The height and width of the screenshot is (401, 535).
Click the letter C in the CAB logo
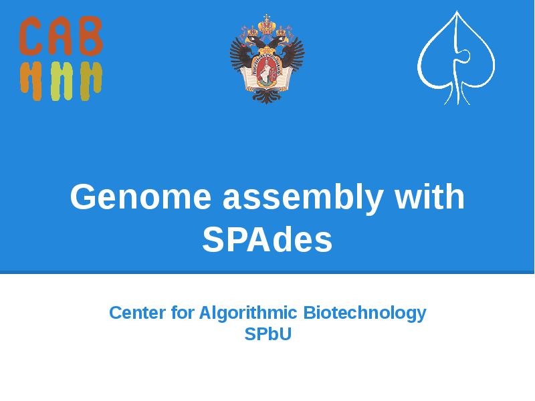click(30, 37)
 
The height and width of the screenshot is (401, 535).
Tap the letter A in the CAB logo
click(60, 37)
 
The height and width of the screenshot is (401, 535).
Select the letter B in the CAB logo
click(90, 37)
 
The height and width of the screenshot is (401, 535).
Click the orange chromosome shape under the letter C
click(30, 80)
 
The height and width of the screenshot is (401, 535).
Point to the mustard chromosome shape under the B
click(90, 80)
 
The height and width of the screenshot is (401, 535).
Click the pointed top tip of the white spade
click(457, 13)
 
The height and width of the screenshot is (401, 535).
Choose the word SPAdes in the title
click(267, 241)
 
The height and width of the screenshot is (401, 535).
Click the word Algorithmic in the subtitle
click(249, 313)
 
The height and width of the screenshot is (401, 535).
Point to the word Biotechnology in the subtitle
click(364, 313)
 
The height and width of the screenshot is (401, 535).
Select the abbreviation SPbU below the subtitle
click(267, 334)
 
